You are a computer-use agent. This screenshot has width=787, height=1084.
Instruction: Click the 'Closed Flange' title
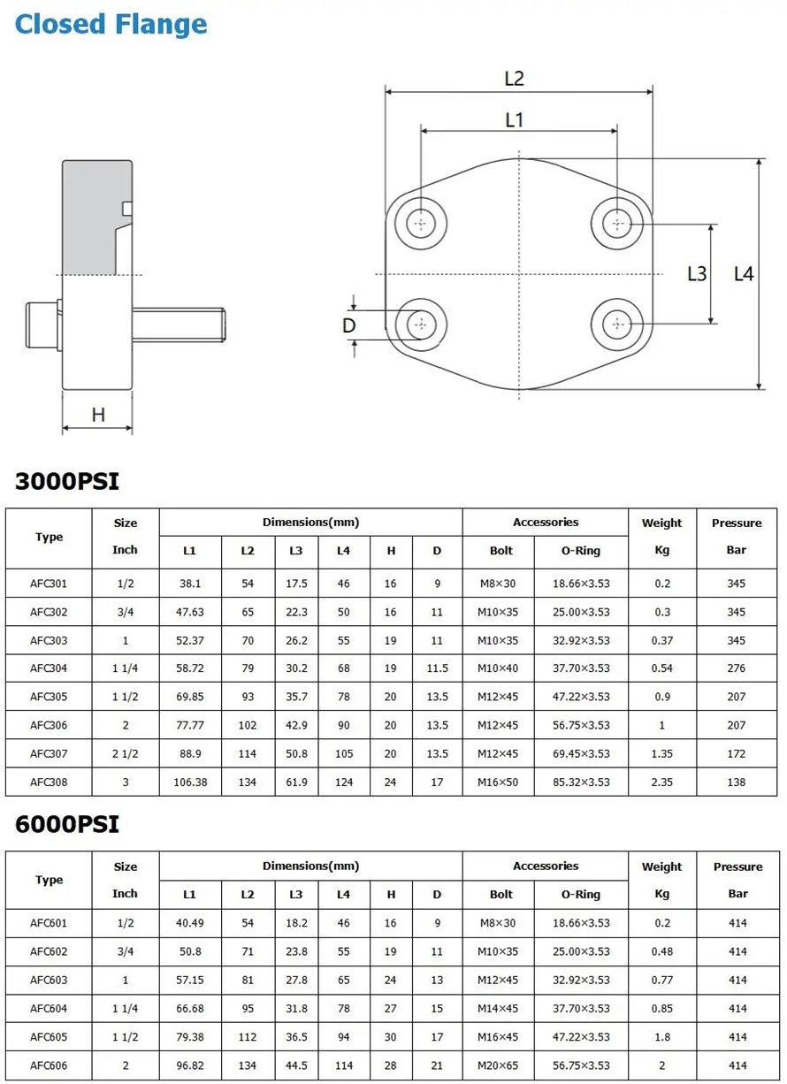point(111,24)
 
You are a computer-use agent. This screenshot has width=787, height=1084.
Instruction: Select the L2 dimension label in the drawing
point(514,79)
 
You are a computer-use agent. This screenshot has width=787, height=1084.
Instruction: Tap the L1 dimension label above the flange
point(514,119)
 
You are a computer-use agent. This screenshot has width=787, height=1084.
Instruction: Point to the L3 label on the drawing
point(697,274)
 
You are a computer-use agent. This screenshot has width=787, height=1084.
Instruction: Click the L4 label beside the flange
point(744,274)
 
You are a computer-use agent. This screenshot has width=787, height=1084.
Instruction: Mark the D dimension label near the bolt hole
point(348,325)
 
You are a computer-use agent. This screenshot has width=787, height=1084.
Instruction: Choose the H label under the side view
point(98,415)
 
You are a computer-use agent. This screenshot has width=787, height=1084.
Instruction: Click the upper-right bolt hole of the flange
point(617,224)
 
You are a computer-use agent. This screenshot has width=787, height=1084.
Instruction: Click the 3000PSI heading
point(67,482)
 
